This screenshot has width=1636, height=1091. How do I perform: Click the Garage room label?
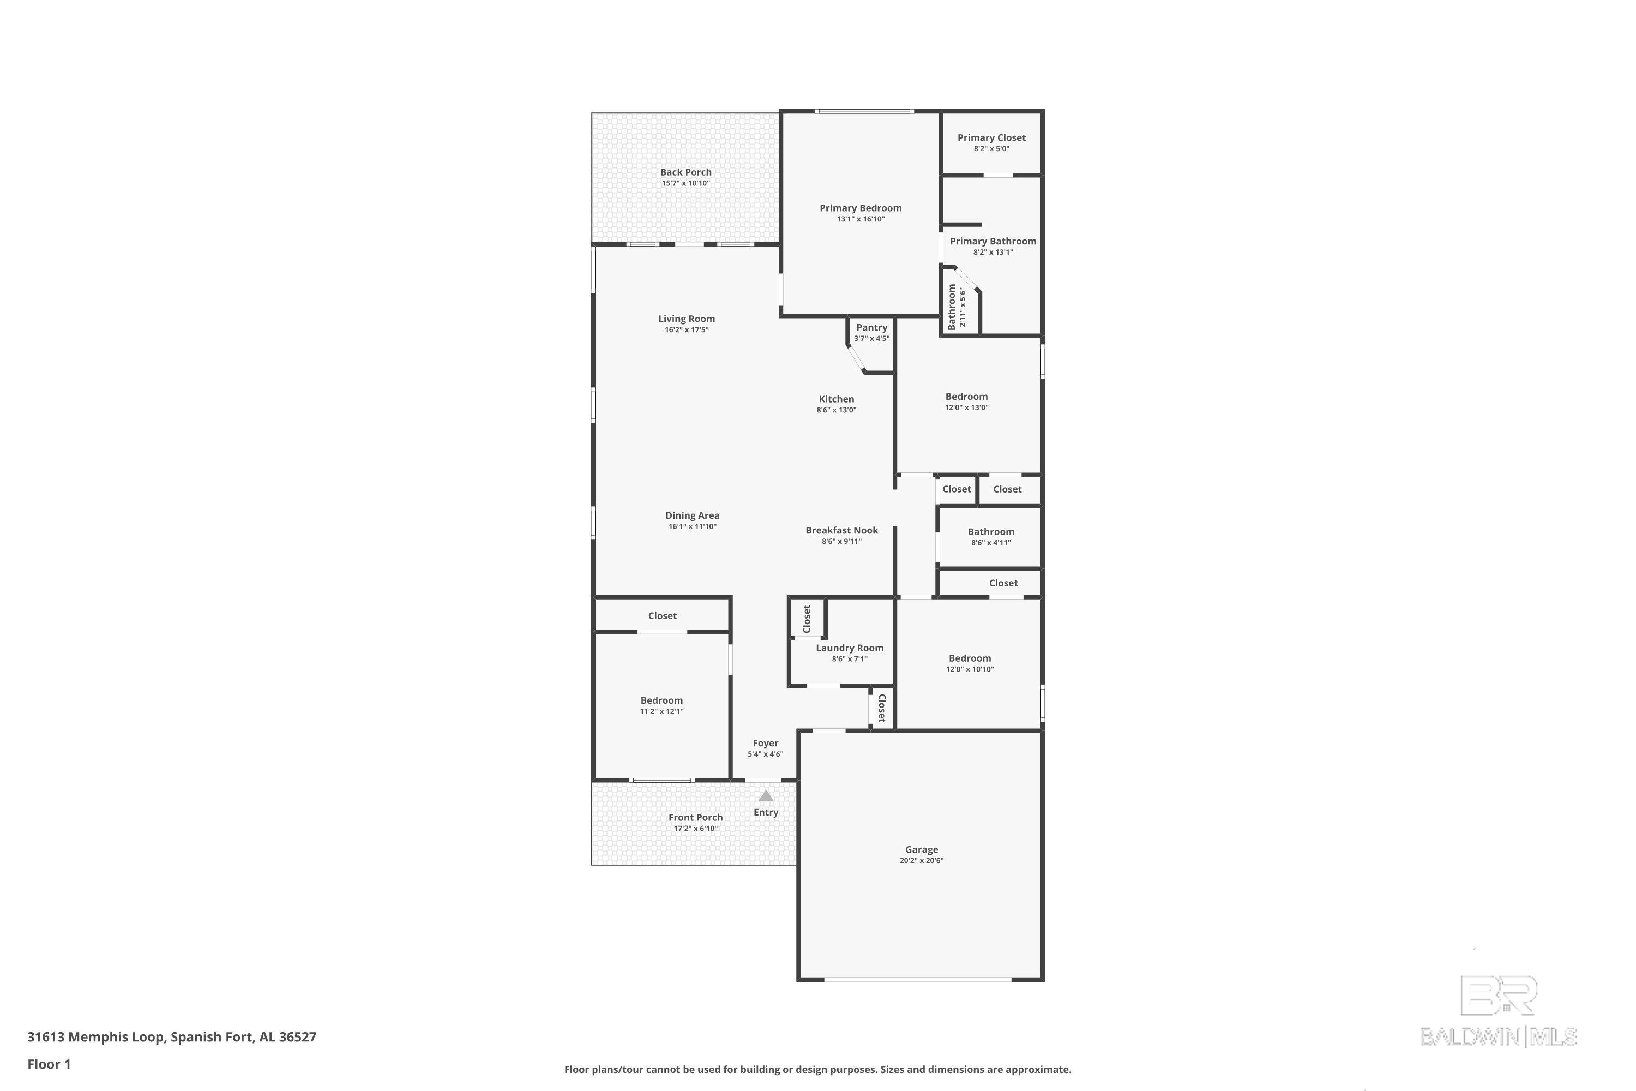[x=922, y=849]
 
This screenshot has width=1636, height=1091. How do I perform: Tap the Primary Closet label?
[x=991, y=138]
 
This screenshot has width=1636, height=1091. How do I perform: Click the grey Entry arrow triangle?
[x=766, y=796]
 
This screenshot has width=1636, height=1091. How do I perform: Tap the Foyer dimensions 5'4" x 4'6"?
[x=765, y=754]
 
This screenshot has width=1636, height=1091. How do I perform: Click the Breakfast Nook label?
[x=841, y=530]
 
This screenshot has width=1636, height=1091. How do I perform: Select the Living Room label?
[x=687, y=319]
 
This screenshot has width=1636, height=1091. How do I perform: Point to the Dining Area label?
[x=692, y=515]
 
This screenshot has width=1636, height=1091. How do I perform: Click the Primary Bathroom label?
[x=993, y=242]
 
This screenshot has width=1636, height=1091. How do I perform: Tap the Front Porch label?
[x=696, y=818]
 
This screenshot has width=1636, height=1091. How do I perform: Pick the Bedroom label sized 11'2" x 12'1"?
[x=661, y=700]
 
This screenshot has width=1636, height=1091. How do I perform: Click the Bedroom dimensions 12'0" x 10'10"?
[x=970, y=669]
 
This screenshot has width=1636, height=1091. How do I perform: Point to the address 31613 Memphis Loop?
[x=96, y=1037]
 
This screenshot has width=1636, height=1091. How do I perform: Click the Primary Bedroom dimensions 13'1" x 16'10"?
[x=861, y=219]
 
